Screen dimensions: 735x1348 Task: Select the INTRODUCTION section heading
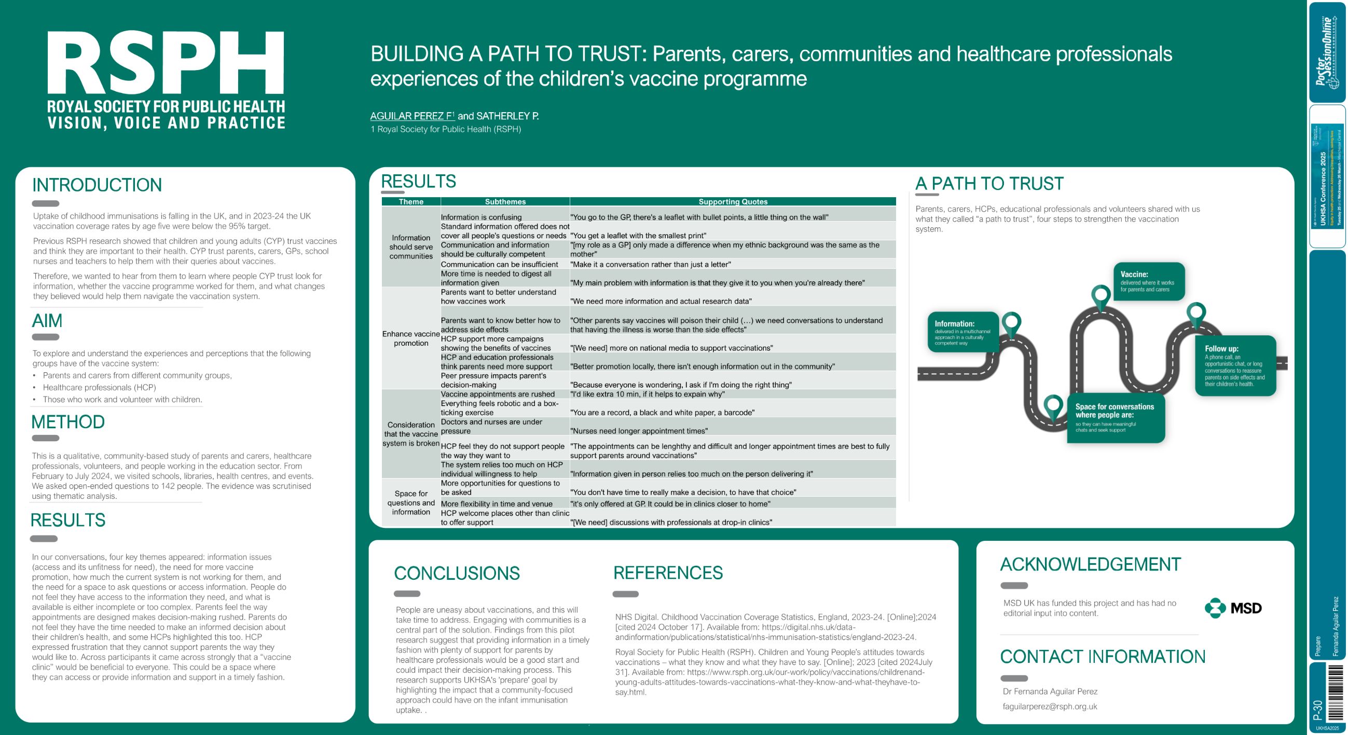[x=97, y=185]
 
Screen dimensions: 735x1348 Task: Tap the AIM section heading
[x=47, y=320]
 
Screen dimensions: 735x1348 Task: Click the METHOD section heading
[x=68, y=422]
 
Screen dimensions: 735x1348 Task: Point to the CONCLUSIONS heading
[x=456, y=573]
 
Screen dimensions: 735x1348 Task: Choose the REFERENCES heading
[x=668, y=573]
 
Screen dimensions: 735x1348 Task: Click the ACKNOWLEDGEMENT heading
[x=1090, y=564]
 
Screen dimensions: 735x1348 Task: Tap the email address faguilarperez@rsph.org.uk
[x=1050, y=706]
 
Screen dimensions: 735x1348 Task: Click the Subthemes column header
[x=505, y=201]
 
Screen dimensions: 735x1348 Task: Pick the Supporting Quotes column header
[x=733, y=201]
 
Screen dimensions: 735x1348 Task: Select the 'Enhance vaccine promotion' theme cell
[x=411, y=339]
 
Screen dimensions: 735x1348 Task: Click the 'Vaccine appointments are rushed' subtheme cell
[x=498, y=394]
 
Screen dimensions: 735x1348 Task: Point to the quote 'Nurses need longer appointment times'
[x=639, y=431]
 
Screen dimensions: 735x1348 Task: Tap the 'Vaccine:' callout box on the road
[x=1149, y=282]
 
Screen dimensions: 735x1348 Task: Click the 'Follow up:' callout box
[x=1235, y=365]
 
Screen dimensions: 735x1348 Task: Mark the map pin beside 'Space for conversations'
[x=1053, y=406]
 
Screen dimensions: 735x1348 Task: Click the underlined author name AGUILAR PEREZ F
[x=412, y=116]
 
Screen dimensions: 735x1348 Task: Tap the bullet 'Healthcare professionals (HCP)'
[x=100, y=387]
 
